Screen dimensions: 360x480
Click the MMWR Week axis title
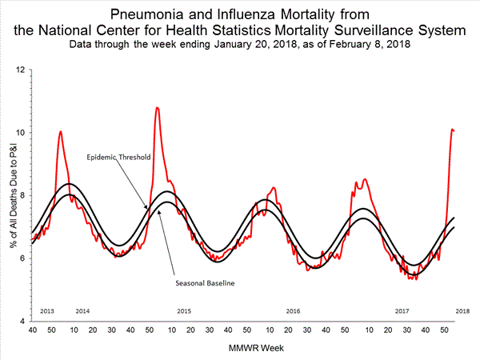click(x=250, y=348)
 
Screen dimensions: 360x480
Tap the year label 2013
click(x=47, y=310)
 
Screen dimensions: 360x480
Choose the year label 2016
click(x=293, y=310)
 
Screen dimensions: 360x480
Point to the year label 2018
click(x=462, y=310)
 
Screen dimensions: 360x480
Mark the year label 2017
click(x=402, y=310)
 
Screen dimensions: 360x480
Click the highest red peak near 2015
click(x=157, y=107)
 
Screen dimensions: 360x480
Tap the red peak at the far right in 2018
click(x=453, y=129)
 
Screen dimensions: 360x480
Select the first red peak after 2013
click(x=61, y=131)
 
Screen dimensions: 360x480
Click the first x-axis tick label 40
click(x=32, y=329)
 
